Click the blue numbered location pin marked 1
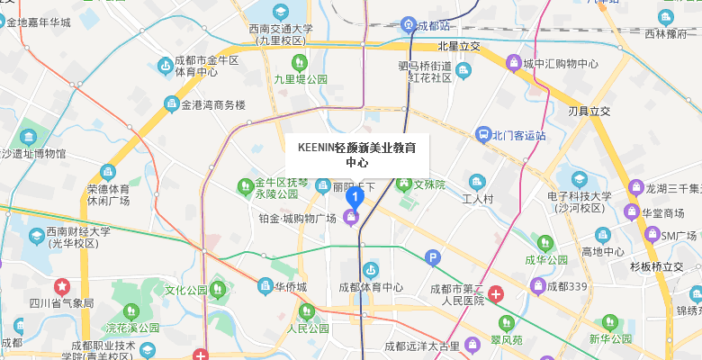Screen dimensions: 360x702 pos(355,195)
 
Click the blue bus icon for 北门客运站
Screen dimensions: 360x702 pos(483,135)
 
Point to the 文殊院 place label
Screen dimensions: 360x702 pos(429,184)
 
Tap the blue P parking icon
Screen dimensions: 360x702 pos(433,258)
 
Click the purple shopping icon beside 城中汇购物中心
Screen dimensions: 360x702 pos(513,63)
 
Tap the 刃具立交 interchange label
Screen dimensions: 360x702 pos(589,112)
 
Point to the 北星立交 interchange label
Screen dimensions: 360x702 pos(459,46)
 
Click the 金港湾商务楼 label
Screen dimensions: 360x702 pos(213,104)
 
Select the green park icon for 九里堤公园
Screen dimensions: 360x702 pos(300,62)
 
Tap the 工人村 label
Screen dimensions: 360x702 pos(478,199)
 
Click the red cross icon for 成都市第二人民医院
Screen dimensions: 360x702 pos(496,293)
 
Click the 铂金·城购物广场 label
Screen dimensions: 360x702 pos(297,218)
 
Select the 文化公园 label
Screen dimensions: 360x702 pos(185,290)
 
